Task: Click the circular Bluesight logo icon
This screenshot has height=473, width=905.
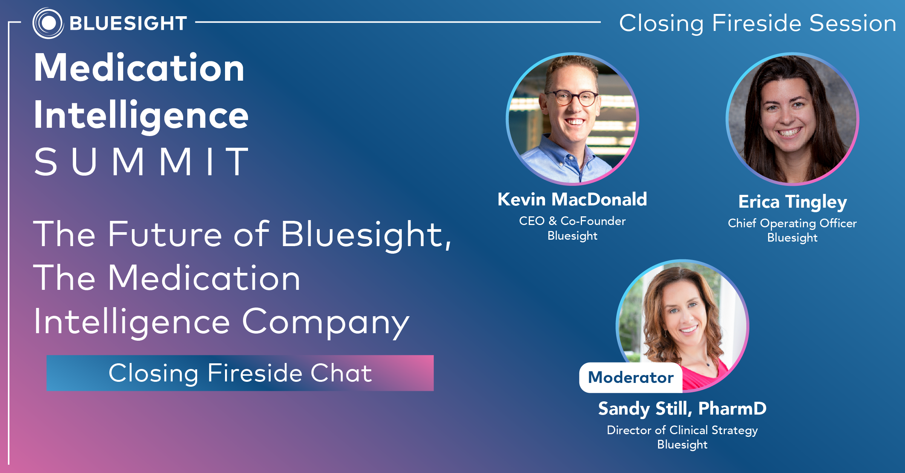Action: point(48,23)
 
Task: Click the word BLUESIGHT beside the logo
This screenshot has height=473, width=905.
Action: point(128,23)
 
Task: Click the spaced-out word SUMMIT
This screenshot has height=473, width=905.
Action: point(141,162)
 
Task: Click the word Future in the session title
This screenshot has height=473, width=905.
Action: point(165,234)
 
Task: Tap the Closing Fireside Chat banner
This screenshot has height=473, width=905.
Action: point(240,373)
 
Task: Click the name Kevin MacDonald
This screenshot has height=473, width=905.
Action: point(572,199)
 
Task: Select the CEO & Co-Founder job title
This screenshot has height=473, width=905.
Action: point(572,221)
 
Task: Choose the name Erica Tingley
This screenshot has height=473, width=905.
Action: point(792,202)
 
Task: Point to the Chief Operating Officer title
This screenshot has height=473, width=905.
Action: point(792,223)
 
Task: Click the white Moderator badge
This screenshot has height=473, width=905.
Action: point(631,378)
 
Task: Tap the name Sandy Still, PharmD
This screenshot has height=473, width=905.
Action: point(682,409)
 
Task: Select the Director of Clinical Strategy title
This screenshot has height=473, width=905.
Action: point(682,430)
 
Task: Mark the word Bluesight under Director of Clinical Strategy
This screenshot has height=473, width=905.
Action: point(682,445)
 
